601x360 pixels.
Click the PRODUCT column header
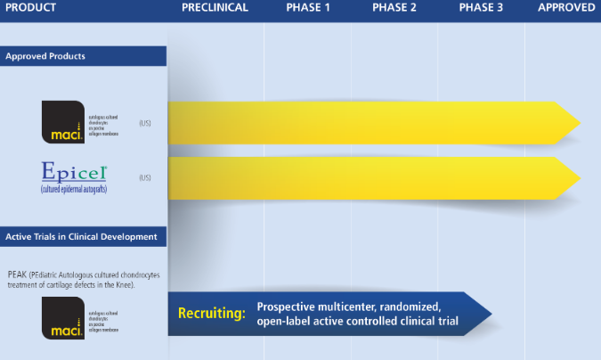coord(30,8)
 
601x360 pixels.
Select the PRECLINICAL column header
coord(215,8)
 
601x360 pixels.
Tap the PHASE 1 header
coord(308,8)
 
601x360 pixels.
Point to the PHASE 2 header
coord(394,8)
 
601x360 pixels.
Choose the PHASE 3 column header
coord(481,8)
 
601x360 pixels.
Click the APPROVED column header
coord(566,8)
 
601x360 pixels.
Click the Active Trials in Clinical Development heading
coord(82,237)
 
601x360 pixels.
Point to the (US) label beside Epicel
coord(144,178)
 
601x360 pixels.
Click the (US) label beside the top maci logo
coord(144,123)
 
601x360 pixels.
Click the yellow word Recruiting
coord(212,314)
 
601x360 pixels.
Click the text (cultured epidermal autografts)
coord(74,188)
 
